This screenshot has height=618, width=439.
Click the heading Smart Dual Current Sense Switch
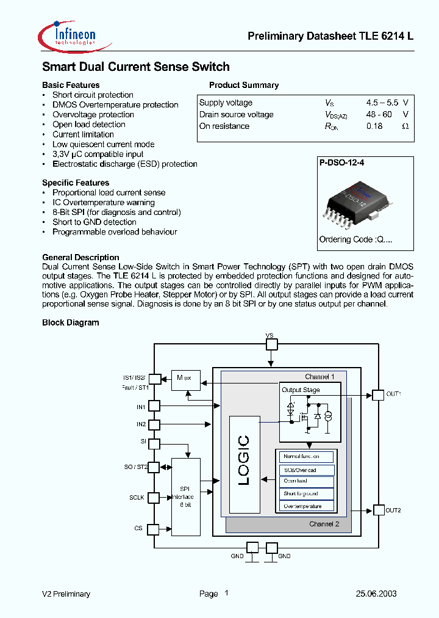pyautogui.click(x=135, y=67)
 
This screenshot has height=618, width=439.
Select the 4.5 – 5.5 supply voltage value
pyautogui.click(x=382, y=103)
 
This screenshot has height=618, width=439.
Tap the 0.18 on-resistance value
pyautogui.click(x=374, y=126)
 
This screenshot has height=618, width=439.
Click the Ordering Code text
pyautogui.click(x=355, y=239)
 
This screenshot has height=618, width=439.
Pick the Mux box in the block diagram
pyautogui.click(x=185, y=378)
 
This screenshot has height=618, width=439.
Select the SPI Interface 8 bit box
pyautogui.click(x=186, y=496)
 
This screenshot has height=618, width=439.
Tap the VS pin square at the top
pyautogui.click(x=271, y=344)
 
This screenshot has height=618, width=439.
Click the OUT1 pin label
pyautogui.click(x=394, y=394)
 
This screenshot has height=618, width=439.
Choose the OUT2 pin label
pyautogui.click(x=394, y=510)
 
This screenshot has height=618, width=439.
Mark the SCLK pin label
pyautogui.click(x=137, y=498)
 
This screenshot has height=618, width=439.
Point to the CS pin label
pyautogui.click(x=139, y=528)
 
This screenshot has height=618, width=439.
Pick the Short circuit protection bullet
pyautogui.click(x=93, y=95)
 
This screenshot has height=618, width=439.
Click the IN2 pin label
pyautogui.click(x=141, y=424)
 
